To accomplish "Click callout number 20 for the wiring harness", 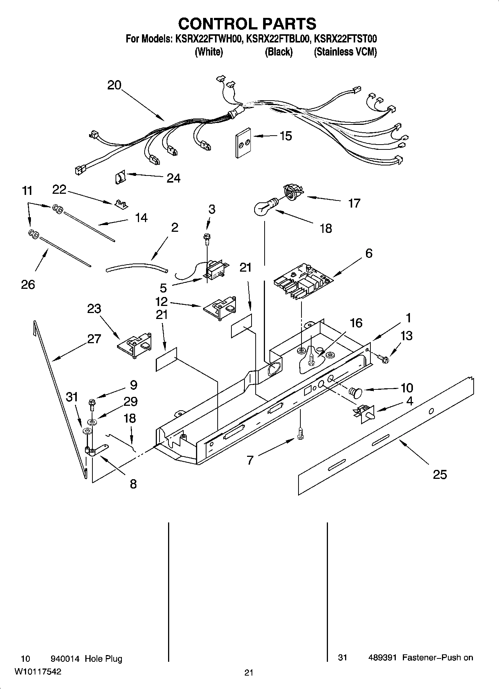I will [x=114, y=85].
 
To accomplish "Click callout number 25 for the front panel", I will [x=439, y=475].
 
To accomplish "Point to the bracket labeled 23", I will [x=135, y=343].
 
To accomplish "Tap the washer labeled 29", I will [x=91, y=422].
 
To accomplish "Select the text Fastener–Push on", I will [x=437, y=658].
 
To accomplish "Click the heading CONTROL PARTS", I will [x=247, y=24].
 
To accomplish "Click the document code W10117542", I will [x=38, y=671].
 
